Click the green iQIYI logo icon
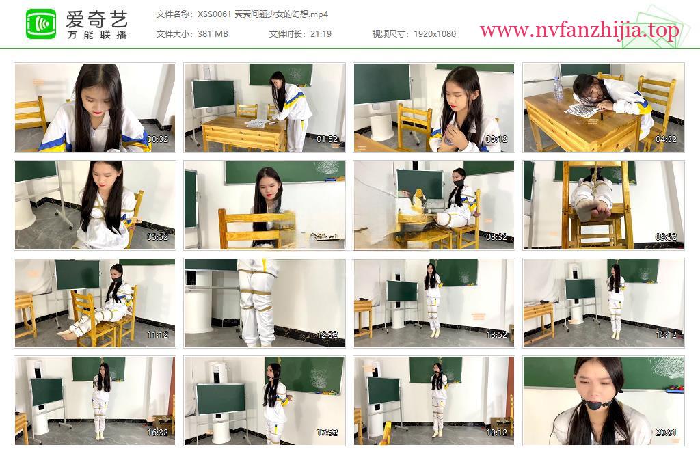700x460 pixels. tap(40, 24)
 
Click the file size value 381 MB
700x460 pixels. tap(213, 34)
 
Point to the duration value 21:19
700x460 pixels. tap(321, 34)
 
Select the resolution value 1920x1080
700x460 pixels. tap(434, 34)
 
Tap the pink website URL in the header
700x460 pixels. tap(579, 30)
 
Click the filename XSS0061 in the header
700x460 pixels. tap(214, 14)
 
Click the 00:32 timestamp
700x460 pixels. tap(158, 139)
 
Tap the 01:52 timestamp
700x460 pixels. tap(327, 139)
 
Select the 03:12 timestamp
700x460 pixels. tap(496, 139)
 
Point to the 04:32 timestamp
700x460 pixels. tap(666, 139)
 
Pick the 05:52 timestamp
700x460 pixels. tap(158, 237)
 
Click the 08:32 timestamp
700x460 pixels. tap(496, 237)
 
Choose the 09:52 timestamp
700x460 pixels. tap(666, 237)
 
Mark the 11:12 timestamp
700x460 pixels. tap(158, 335)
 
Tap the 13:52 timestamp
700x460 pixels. tap(496, 335)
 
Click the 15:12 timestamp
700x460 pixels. tap(666, 335)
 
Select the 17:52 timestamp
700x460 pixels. tap(327, 433)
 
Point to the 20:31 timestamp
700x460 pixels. tap(666, 433)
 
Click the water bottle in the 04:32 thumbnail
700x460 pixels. tap(558, 89)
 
